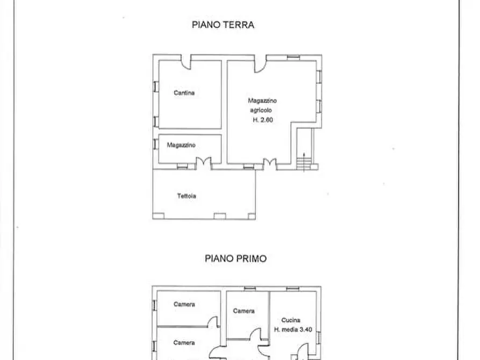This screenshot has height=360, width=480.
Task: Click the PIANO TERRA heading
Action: [223, 25]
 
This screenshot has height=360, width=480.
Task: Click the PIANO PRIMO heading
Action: [236, 258]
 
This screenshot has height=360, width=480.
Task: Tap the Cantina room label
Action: [184, 93]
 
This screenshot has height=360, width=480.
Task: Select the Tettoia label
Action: [187, 196]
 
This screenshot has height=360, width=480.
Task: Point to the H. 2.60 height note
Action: [263, 120]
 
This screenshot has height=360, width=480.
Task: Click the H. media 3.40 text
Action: [293, 330]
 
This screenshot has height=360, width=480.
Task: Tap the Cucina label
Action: [290, 320]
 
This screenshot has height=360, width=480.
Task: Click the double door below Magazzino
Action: [204, 163]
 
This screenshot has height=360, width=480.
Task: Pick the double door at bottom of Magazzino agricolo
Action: [270, 164]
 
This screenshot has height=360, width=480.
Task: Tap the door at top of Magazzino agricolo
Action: [260, 64]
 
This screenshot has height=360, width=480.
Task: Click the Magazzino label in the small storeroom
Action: [181, 145]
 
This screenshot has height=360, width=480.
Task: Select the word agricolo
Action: [261, 110]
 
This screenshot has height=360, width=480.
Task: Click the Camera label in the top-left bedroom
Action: [184, 304]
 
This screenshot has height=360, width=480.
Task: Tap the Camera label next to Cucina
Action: [243, 311]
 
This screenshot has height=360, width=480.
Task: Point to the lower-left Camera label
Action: [184, 343]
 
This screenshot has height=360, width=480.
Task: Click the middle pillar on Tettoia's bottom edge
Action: [219, 217]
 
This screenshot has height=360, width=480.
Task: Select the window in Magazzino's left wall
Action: [156, 144]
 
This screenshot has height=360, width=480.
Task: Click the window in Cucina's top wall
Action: [292, 289]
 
